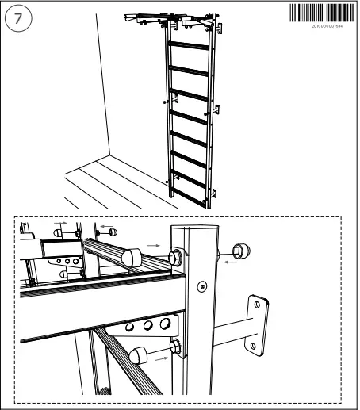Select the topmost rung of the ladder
[189, 44]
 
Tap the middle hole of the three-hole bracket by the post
[147, 325]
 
